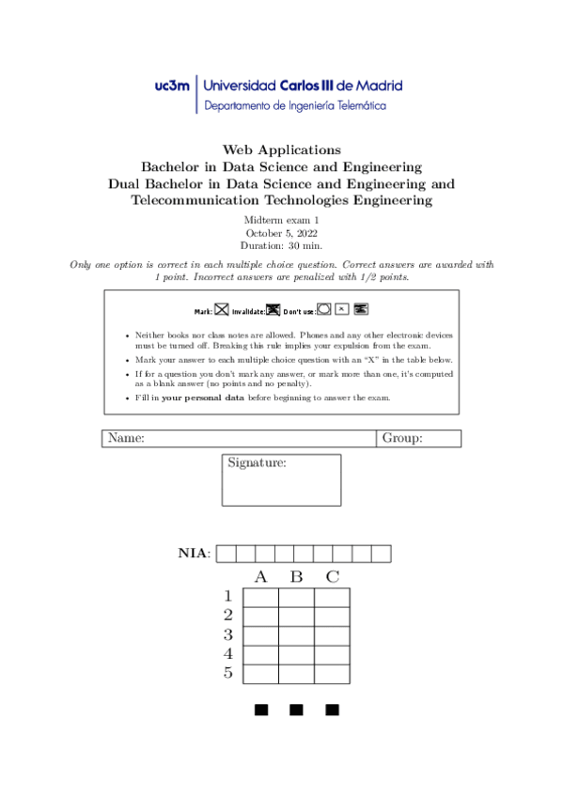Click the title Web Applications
pos(281,149)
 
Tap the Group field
pos(419,438)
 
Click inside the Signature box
pos(281,487)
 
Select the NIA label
pos(195,553)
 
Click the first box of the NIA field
pos(226,554)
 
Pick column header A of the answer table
pos(260,576)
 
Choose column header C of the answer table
pos(332,576)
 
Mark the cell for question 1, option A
pos(260,598)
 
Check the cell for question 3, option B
pos(296,635)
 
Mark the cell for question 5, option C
pos(332,674)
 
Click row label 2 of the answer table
pos(227,616)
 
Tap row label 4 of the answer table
pos(227,654)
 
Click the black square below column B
pos(296,709)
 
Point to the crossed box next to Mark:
pos(222,308)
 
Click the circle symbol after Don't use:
pos(324,307)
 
